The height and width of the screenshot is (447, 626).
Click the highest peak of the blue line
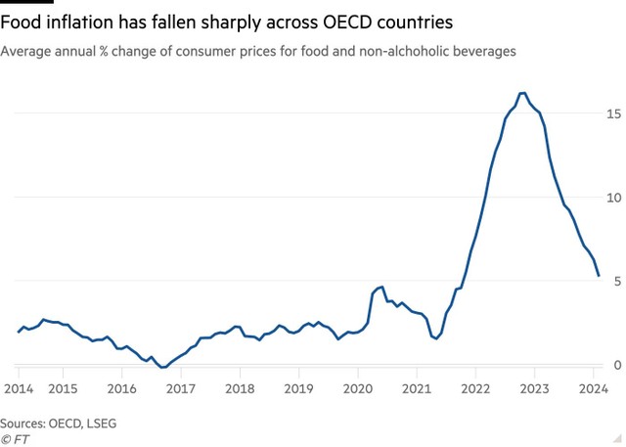pyautogui.click(x=523, y=93)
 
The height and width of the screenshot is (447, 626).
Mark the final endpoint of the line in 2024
pyautogui.click(x=599, y=276)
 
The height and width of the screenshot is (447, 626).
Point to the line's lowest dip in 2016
pyautogui.click(x=162, y=368)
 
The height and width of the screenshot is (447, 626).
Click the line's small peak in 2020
pyautogui.click(x=380, y=288)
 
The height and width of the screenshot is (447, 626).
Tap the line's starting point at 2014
pyautogui.click(x=19, y=332)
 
